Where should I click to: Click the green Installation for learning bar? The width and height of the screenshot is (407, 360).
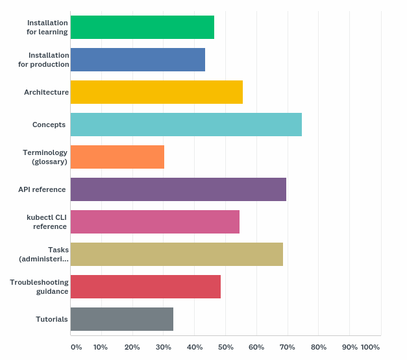[x=142, y=27]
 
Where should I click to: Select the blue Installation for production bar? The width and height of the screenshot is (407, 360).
[x=138, y=60]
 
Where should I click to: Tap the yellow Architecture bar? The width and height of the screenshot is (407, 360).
[x=156, y=92]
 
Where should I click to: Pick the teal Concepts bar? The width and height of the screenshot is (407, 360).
[x=186, y=125]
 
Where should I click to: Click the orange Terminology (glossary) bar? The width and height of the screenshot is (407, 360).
[x=117, y=157]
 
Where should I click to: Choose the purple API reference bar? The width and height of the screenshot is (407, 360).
[x=178, y=189]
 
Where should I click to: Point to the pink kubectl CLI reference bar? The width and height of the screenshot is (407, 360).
[x=154, y=222]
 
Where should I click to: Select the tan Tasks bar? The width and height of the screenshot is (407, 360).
[x=177, y=254]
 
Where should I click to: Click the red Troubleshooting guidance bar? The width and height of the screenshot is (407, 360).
[x=145, y=287]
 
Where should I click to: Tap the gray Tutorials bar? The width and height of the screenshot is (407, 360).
[x=121, y=319]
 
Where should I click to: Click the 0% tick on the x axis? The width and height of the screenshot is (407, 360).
[x=77, y=347]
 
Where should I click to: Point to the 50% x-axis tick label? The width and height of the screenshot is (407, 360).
[x=225, y=347]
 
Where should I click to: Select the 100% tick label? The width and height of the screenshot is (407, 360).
[x=370, y=347]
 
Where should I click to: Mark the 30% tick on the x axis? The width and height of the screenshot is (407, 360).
[x=164, y=347]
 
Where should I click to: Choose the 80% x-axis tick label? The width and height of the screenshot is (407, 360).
[x=319, y=347]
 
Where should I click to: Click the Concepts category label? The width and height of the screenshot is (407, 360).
[x=49, y=125]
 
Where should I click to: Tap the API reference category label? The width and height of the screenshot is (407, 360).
[x=42, y=189]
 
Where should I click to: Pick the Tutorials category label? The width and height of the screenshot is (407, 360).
[x=52, y=319]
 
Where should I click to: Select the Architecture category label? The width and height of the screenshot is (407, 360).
[x=46, y=92]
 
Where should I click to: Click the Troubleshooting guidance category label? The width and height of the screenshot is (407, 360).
[x=39, y=287]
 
